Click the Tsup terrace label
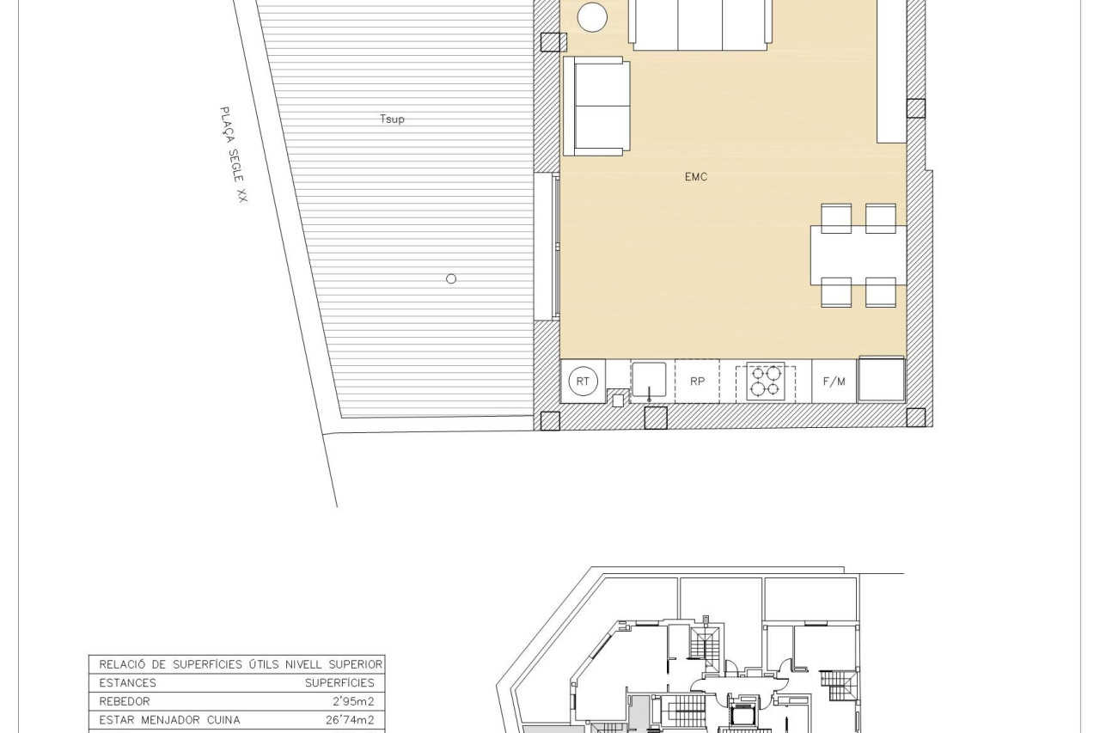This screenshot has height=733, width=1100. [x=392, y=119]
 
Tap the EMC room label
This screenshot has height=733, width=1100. [x=696, y=177]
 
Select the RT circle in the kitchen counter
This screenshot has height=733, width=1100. [x=583, y=382]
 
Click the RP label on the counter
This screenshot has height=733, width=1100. [x=697, y=382]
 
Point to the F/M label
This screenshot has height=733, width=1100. [x=834, y=382]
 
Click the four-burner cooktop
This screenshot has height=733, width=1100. [x=766, y=381]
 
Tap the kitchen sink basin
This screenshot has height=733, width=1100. [x=649, y=380]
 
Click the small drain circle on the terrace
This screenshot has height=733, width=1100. [x=451, y=279]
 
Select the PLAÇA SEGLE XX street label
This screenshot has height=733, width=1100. [x=234, y=155]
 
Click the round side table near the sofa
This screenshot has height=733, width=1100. [x=592, y=17]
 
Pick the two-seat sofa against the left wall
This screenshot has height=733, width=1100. [x=596, y=106]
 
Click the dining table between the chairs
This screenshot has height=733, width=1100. [x=858, y=255]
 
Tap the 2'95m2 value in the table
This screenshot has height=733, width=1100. [x=353, y=701]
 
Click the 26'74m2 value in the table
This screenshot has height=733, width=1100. [x=350, y=720]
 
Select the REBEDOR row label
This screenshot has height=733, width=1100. [x=125, y=701]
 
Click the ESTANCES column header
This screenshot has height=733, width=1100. [x=128, y=683]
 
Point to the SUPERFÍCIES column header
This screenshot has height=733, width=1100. [x=339, y=683]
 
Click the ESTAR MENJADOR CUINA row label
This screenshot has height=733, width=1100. [x=169, y=720]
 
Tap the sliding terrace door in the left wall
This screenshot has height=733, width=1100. [x=547, y=247]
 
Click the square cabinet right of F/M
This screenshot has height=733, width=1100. [x=882, y=380]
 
